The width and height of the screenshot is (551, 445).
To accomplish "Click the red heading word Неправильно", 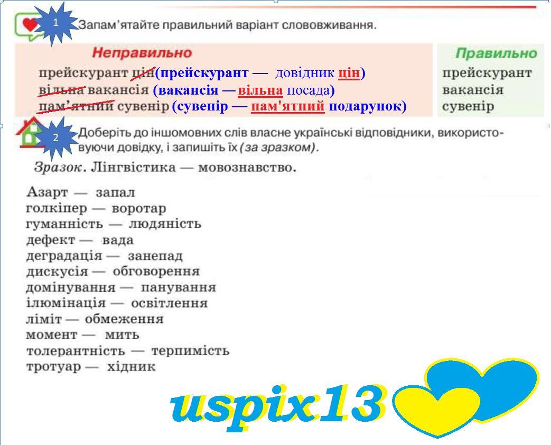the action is (x=142, y=53).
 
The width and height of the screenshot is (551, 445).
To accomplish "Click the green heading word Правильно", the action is (x=496, y=53).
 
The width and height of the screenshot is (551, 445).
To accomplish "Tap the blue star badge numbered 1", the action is (x=55, y=23).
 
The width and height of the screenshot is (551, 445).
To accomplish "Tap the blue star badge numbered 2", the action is (x=55, y=138).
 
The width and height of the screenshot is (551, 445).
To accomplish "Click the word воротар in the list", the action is (x=139, y=208).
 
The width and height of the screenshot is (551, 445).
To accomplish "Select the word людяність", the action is (x=165, y=224).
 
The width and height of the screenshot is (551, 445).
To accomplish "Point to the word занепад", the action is (x=155, y=256).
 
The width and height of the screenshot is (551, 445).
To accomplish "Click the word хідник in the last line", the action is (x=131, y=367).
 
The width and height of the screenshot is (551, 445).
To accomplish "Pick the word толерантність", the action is (x=76, y=351).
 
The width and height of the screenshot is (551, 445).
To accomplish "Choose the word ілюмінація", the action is (x=66, y=303).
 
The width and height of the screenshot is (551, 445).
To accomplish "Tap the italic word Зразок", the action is (x=58, y=167).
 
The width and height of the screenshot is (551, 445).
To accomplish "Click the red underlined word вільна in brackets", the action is (x=260, y=90).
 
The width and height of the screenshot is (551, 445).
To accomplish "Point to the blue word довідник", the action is (x=305, y=73).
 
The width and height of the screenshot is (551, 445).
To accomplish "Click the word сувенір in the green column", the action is (x=468, y=106).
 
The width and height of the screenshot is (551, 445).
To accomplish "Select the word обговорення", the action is (x=156, y=272).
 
